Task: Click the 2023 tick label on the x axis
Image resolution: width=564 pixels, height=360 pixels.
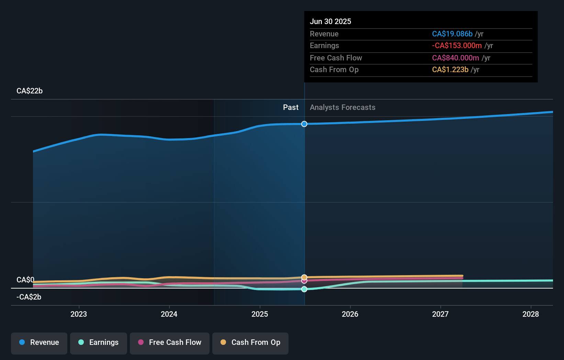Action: coord(79,314)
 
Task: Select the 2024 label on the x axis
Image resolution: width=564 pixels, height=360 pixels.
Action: coord(169,314)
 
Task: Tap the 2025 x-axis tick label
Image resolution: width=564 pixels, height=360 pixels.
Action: coord(260,314)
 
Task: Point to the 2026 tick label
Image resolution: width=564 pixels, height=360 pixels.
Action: coord(350,314)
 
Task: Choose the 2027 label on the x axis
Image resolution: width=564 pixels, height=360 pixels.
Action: coord(440,314)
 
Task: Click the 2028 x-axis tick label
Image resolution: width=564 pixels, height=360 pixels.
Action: coord(531,314)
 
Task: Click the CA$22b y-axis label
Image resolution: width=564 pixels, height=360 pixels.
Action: coord(30,91)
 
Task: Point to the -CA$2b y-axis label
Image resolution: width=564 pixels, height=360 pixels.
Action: coord(29,297)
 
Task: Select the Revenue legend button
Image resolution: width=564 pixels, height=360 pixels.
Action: coord(39,342)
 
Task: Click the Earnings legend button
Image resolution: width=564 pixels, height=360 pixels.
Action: coord(99,342)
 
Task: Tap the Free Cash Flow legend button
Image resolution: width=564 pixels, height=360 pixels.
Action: coord(170,342)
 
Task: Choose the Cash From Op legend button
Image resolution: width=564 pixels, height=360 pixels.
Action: coord(250,342)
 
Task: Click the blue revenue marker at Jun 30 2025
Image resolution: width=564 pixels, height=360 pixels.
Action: coord(304,124)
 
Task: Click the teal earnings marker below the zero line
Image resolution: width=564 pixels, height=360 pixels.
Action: coord(304,289)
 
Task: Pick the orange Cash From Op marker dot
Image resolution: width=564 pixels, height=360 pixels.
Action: coord(304,277)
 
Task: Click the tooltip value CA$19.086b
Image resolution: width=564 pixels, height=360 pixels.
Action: coord(452,34)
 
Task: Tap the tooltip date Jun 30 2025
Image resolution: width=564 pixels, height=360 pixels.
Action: coord(330,22)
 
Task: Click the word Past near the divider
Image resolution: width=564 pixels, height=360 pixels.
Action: coord(291,108)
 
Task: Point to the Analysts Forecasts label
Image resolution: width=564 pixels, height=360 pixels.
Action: coord(342,108)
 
